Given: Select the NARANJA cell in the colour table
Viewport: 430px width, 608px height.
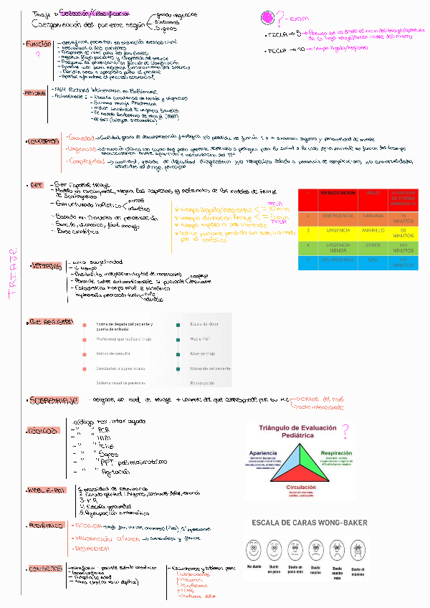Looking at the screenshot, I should click(373, 214).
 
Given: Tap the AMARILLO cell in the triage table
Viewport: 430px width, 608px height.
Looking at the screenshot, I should click(373, 231).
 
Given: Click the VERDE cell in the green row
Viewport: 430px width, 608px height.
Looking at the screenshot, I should click(373, 246).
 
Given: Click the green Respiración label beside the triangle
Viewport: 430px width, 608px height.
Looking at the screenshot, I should click(336, 454).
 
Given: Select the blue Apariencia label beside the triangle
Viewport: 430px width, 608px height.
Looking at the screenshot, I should click(263, 454).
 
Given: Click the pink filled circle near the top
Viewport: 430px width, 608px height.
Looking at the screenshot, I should click(268, 18).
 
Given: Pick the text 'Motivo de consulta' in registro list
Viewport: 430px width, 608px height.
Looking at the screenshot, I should click(115, 353).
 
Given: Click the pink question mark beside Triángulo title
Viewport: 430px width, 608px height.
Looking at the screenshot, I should click(345, 432).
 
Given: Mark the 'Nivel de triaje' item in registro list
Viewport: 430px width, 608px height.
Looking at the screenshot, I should click(204, 353).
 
